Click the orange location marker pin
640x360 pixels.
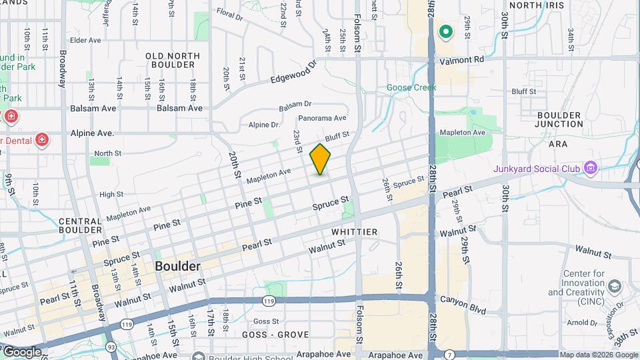point(320,159)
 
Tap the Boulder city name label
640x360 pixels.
point(177,266)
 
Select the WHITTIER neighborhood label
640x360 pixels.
point(355,232)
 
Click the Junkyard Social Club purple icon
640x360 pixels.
point(590,169)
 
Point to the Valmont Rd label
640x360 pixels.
point(461,59)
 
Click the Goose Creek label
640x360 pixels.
point(411,87)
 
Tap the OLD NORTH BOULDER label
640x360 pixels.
point(170,60)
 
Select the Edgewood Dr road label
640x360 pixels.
point(293,73)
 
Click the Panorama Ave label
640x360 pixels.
point(322,118)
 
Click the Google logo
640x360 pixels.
point(21,351)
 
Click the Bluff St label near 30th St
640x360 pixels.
point(523,91)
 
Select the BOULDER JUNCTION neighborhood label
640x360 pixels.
point(559,119)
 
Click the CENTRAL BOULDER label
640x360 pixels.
point(80,225)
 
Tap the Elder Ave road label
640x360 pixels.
point(85,41)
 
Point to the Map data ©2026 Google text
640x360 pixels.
point(597,355)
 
